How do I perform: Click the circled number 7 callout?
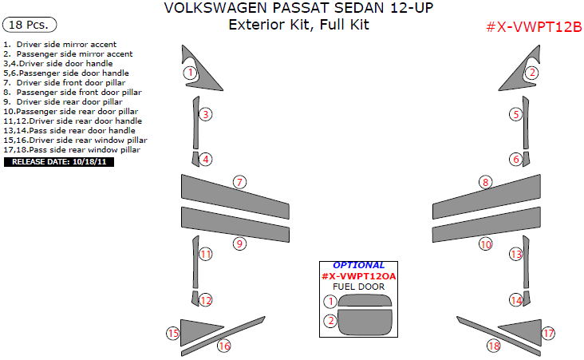click(x=239, y=182)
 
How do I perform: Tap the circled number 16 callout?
click(x=224, y=346)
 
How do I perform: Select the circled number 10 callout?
click(x=486, y=244)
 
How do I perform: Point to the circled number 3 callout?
click(x=206, y=114)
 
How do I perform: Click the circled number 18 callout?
click(x=494, y=346)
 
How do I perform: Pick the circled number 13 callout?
click(x=516, y=255)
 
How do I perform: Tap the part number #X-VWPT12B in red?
click(x=534, y=27)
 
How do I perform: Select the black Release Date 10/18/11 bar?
click(x=59, y=162)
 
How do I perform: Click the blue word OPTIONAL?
click(x=358, y=265)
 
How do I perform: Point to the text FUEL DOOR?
click(x=358, y=287)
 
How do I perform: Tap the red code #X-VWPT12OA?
click(x=358, y=276)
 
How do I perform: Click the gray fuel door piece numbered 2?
click(x=365, y=323)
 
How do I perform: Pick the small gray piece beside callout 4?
click(x=195, y=159)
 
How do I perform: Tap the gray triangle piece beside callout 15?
click(x=199, y=330)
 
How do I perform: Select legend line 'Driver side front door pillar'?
click(x=70, y=82)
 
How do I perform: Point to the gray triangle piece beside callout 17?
click(x=521, y=330)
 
